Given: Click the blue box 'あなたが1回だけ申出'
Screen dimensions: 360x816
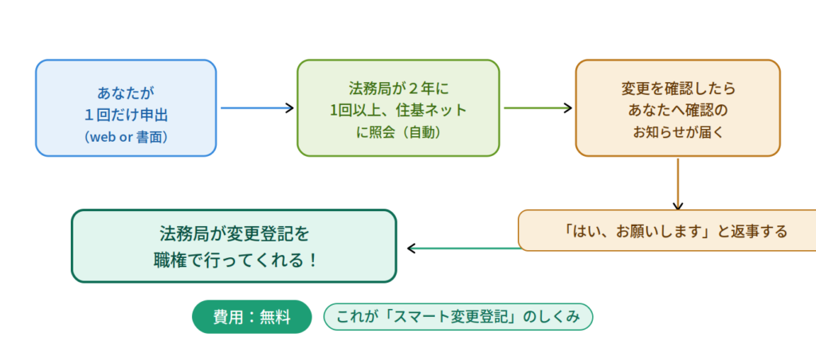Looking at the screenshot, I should (126, 108).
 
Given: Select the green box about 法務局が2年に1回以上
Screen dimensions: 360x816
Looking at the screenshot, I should (398, 108).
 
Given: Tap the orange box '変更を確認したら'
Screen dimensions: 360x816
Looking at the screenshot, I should (677, 108).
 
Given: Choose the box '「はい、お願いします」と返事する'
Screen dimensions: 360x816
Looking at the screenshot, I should (668, 231).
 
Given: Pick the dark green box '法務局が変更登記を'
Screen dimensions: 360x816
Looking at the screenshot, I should (233, 246).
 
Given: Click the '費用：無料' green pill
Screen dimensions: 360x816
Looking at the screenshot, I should (251, 317).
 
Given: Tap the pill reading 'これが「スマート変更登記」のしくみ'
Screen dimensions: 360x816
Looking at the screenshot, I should (458, 317).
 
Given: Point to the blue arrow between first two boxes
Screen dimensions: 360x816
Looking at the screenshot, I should (257, 108).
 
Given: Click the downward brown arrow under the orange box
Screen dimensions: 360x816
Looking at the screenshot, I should (677, 183).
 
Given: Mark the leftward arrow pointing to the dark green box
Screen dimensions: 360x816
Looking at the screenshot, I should (462, 248).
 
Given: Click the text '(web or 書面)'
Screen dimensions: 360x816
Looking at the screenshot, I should (126, 137).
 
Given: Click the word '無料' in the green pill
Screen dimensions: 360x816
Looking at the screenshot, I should (274, 317).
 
